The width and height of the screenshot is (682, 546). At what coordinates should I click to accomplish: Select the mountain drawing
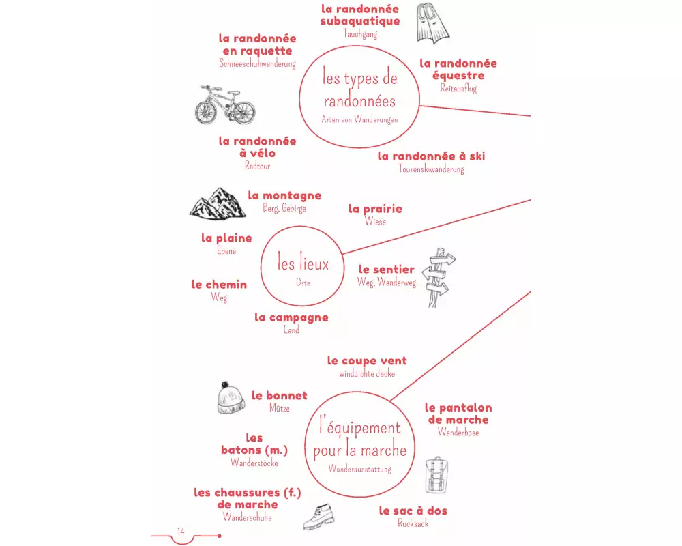(x=217, y=203)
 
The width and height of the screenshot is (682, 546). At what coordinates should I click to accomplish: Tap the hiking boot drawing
(x=318, y=517)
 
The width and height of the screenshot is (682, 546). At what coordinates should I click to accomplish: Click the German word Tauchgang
(x=360, y=33)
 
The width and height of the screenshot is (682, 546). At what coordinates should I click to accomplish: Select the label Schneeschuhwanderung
(x=257, y=63)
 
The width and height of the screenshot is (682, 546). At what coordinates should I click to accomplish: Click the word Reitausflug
(x=458, y=88)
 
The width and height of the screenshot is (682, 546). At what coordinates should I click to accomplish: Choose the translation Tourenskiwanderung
(x=431, y=169)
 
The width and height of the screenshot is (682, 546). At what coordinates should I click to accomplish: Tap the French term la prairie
(x=375, y=209)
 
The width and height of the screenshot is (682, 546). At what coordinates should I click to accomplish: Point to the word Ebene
(x=226, y=250)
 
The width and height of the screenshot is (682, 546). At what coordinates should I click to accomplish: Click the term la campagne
(x=291, y=317)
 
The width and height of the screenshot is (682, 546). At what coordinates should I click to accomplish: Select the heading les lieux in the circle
(x=303, y=263)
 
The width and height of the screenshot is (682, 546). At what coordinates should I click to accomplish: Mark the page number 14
(x=181, y=532)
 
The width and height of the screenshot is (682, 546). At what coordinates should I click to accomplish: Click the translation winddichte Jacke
(x=367, y=373)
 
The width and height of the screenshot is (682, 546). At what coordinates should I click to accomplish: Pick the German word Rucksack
(x=413, y=523)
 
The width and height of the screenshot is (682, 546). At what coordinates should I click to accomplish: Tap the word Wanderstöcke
(x=254, y=463)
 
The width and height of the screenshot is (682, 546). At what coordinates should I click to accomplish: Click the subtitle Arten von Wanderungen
(x=359, y=119)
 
